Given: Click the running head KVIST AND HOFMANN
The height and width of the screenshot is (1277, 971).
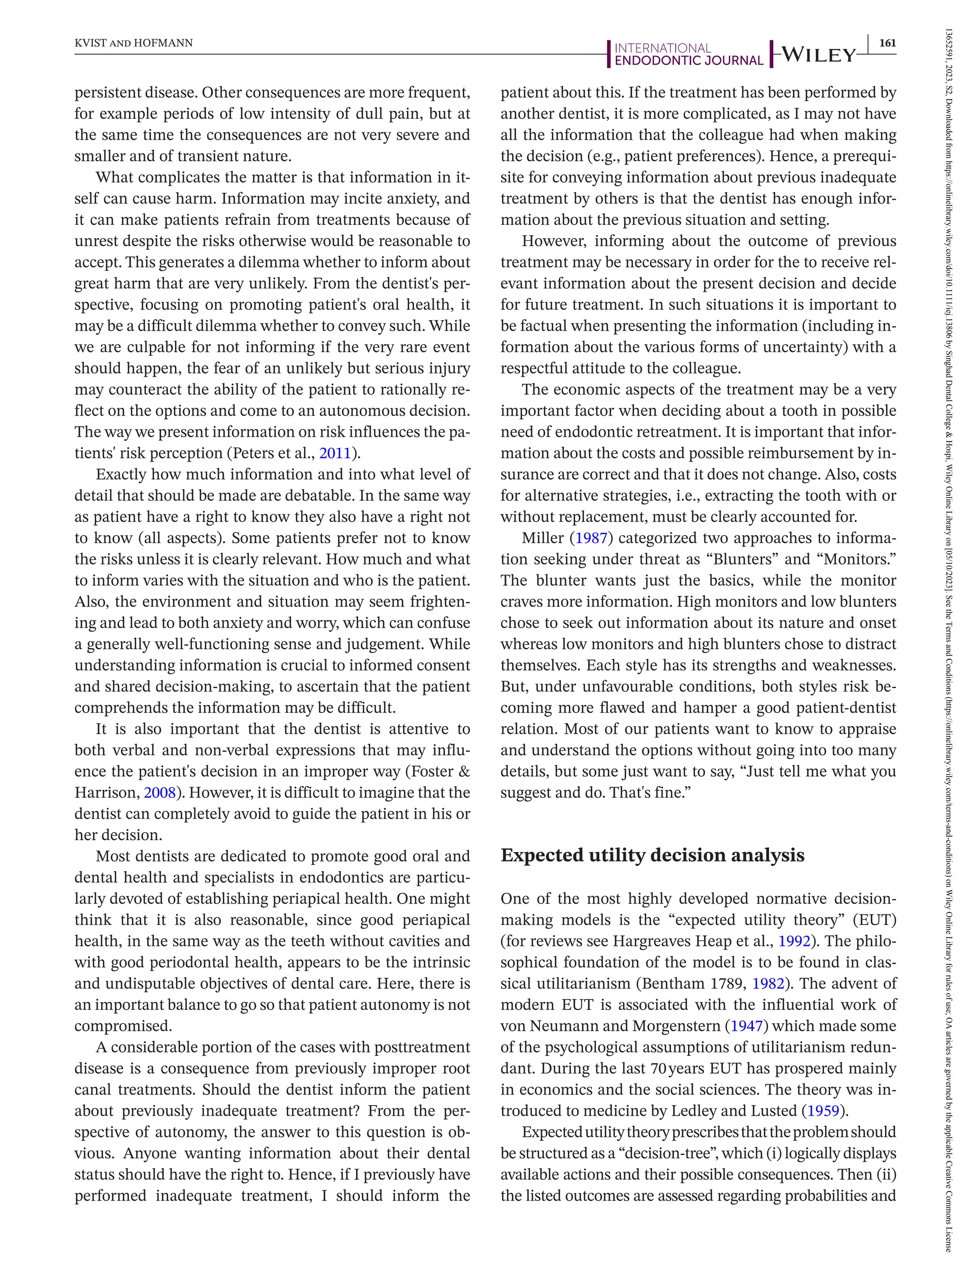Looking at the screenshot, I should click(x=134, y=43).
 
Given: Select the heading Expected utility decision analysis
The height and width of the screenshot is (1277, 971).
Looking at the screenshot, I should click(x=652, y=855).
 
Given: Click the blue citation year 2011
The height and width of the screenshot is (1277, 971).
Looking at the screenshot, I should click(x=335, y=453).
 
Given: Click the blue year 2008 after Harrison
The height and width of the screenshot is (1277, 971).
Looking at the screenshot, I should click(x=159, y=792).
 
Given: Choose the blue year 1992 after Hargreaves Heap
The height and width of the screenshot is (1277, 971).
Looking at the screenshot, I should click(x=794, y=941).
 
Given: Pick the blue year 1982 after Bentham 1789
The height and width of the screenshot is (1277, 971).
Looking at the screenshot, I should click(x=768, y=983).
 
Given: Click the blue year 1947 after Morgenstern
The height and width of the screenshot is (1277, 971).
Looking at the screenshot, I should click(x=747, y=1026).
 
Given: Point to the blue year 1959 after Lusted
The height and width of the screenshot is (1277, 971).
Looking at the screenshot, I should click(x=823, y=1110).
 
